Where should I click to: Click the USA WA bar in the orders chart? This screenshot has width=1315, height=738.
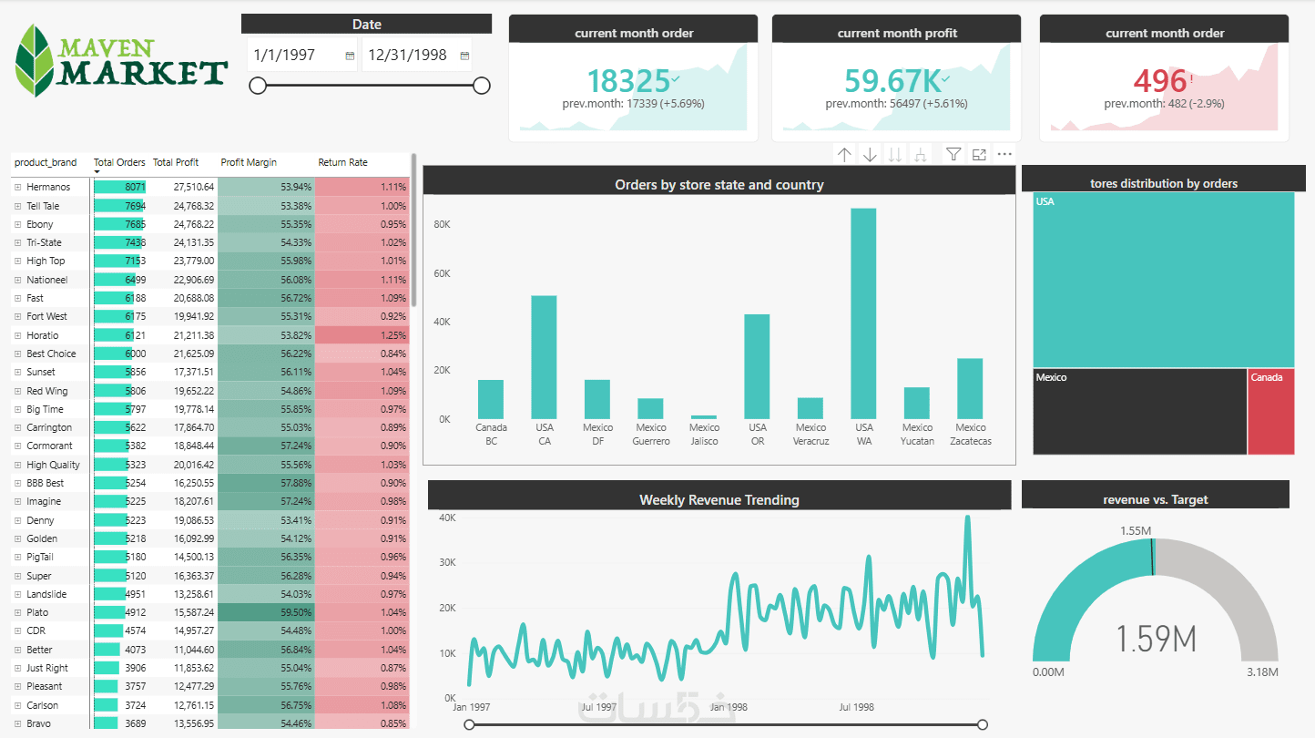863,313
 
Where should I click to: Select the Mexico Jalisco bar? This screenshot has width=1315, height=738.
704,417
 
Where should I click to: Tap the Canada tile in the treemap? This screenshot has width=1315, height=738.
1271,412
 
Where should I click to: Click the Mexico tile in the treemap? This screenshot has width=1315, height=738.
1139,412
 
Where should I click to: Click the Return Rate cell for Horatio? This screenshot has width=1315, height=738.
362,335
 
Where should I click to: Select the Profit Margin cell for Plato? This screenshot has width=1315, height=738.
266,612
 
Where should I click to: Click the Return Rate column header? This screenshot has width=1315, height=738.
342,162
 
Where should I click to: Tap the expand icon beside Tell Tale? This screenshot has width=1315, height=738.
17,206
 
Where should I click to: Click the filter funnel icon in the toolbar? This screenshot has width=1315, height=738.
953,154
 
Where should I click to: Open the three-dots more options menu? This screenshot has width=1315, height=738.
1004,154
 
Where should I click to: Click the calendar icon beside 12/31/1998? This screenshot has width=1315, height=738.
464,56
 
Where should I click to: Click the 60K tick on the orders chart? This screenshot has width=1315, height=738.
442,273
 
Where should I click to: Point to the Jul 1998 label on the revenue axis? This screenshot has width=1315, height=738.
856,707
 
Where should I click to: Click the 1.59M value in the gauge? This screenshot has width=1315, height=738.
1156,639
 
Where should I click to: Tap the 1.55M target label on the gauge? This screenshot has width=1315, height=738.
1136,531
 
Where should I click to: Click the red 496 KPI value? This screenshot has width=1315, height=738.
1159,81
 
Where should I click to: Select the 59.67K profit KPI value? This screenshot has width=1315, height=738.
892,81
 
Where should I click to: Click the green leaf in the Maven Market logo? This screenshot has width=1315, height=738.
36,60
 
